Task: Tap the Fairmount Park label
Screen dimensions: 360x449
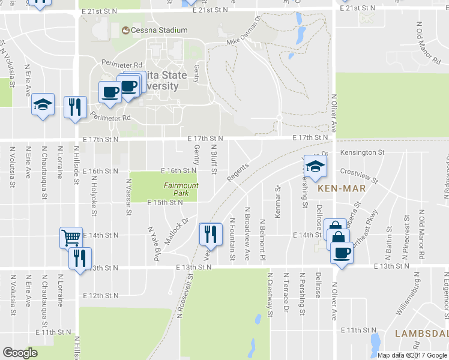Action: (x=181, y=190)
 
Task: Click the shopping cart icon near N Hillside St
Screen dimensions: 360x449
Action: (x=71, y=237)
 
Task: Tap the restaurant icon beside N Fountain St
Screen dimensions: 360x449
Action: (x=209, y=233)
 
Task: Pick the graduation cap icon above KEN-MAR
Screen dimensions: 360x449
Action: (x=315, y=166)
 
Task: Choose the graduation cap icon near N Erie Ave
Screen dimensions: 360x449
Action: (x=43, y=105)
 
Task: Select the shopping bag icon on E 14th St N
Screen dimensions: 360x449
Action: (x=337, y=238)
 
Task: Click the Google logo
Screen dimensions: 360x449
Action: (x=20, y=353)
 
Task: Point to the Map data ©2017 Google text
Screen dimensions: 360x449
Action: (x=412, y=355)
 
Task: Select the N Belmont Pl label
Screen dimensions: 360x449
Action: (x=262, y=239)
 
